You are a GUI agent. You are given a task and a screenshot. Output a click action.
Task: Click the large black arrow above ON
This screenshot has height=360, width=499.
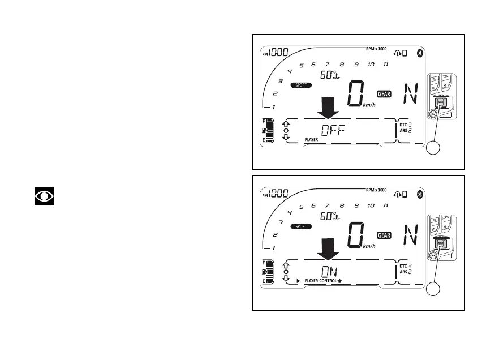(328, 248)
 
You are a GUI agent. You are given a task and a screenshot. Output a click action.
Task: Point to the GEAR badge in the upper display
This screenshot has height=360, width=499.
(384, 94)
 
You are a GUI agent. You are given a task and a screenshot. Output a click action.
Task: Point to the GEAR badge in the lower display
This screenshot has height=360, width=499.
(384, 235)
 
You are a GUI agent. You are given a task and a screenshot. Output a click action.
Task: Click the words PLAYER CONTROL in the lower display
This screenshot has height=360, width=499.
(321, 281)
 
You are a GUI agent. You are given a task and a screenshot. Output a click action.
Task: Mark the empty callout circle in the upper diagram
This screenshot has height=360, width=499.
(434, 149)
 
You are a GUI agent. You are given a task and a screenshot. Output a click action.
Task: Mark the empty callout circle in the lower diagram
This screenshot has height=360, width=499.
(434, 290)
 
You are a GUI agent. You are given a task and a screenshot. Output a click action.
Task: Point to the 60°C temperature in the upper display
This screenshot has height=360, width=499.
(329, 74)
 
